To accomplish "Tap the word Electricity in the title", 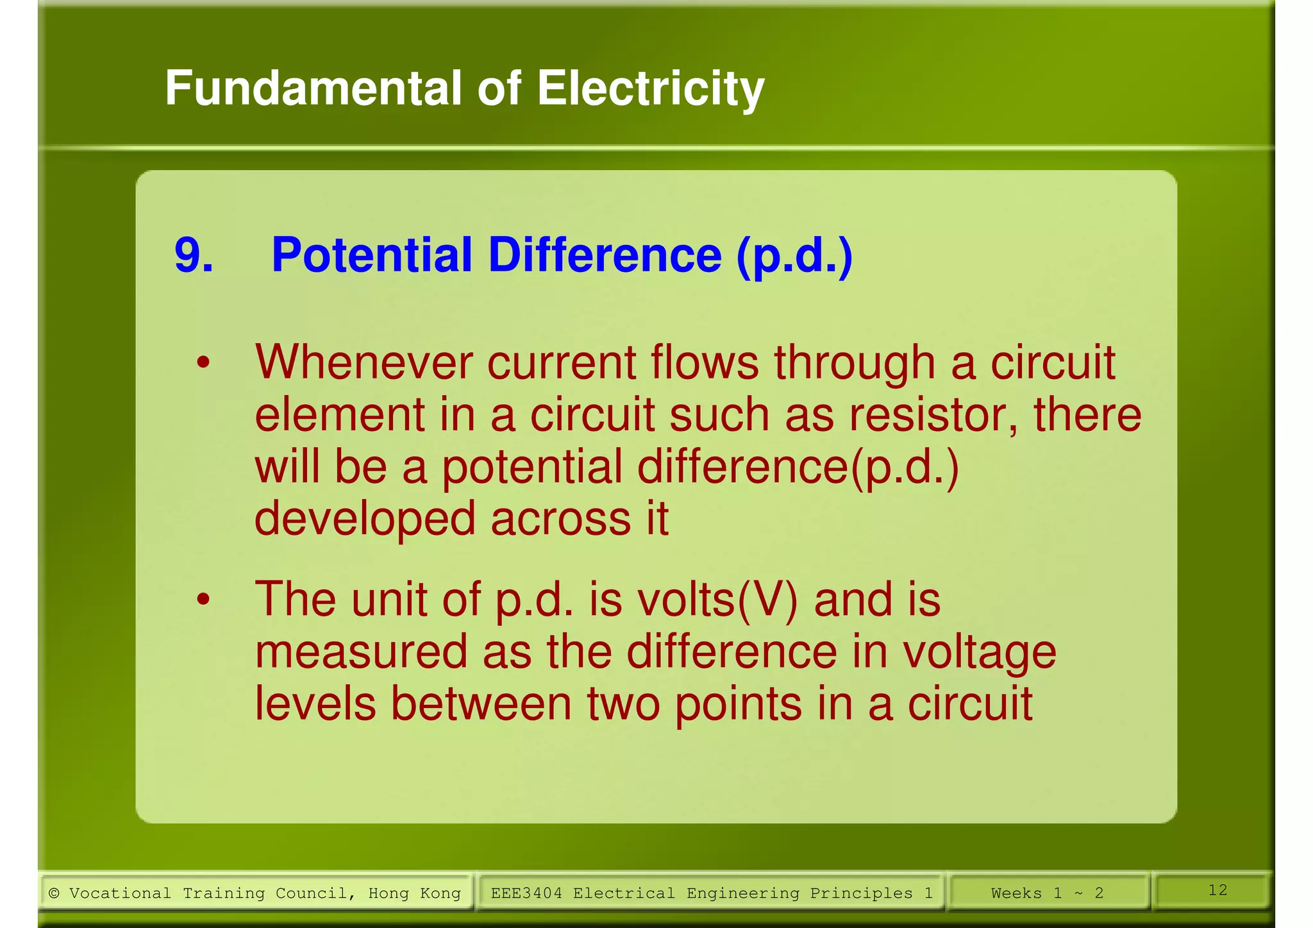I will tap(650, 89).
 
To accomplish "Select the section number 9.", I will tap(193, 255).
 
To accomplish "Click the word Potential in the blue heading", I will tap(372, 255).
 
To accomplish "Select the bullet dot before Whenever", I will tap(203, 363).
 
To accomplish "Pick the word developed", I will tap(364, 519).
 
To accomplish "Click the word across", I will tap(560, 519).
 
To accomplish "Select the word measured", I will tap(361, 652).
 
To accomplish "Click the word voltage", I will tap(979, 652).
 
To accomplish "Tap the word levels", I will tap(315, 704).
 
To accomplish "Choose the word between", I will tap(481, 704).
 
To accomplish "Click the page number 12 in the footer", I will tap(1217, 890).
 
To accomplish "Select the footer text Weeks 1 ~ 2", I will tap(1047, 893).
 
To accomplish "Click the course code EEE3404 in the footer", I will tap(526, 893).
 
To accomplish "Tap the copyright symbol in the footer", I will tap(54, 893).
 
